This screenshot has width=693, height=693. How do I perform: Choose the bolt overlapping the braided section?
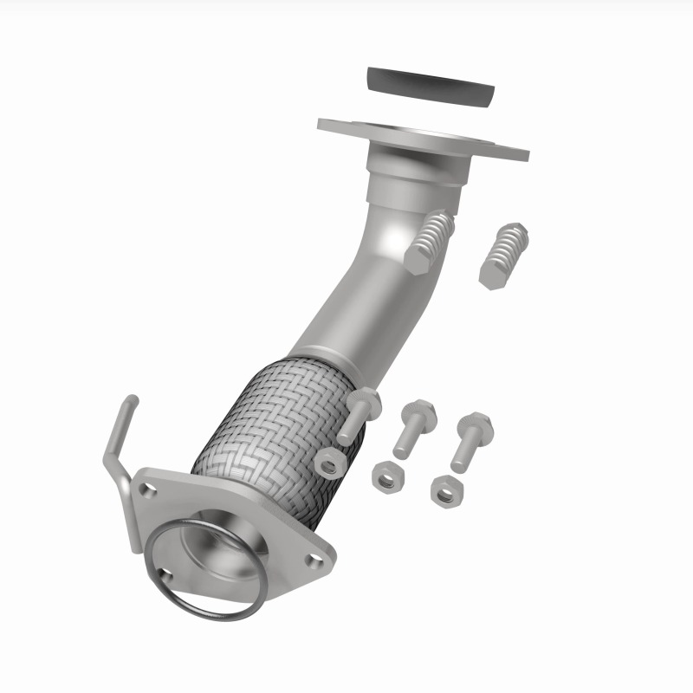point(358,414)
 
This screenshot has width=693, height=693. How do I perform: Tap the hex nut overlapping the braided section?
point(330,465)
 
